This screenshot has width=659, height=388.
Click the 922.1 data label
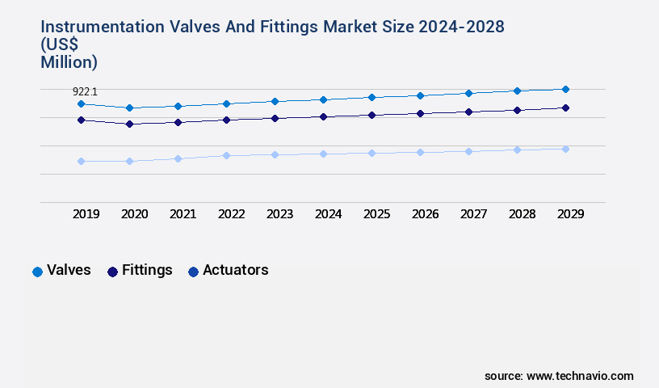pyautogui.click(x=86, y=92)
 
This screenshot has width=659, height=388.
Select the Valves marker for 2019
pyautogui.click(x=81, y=104)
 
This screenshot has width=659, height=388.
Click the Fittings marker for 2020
pyautogui.click(x=129, y=124)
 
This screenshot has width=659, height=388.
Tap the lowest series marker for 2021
pyautogui.click(x=178, y=158)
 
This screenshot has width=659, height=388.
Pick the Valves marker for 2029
pyautogui.click(x=565, y=89)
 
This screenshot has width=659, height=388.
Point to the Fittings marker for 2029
pyautogui.click(x=565, y=108)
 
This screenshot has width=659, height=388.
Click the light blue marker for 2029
pyautogui.click(x=565, y=149)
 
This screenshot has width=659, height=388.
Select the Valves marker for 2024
pyautogui.click(x=323, y=99)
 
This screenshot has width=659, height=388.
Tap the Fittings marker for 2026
pyautogui.click(x=420, y=113)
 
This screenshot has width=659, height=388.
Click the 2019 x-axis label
pyautogui.click(x=86, y=214)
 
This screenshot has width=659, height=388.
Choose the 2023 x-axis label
pyautogui.click(x=279, y=214)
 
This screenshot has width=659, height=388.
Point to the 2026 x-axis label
pyautogui.click(x=425, y=214)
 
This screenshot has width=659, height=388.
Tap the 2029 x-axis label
pyautogui.click(x=570, y=214)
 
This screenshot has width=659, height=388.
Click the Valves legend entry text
pyautogui.click(x=69, y=270)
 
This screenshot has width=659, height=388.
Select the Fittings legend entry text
pyautogui.click(x=147, y=270)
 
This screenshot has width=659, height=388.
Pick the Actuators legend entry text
pyautogui.click(x=235, y=270)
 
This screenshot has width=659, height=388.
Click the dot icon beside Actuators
pyautogui.click(x=193, y=272)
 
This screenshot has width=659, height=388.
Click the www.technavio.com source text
pyautogui.click(x=580, y=376)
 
